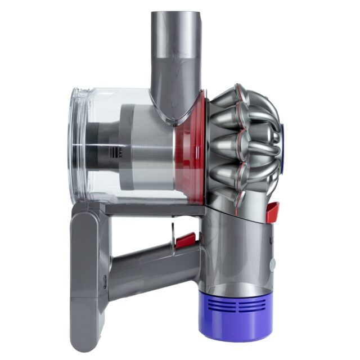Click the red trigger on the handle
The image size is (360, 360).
[x=186, y=241]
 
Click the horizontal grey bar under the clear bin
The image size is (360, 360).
[x=152, y=209]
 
